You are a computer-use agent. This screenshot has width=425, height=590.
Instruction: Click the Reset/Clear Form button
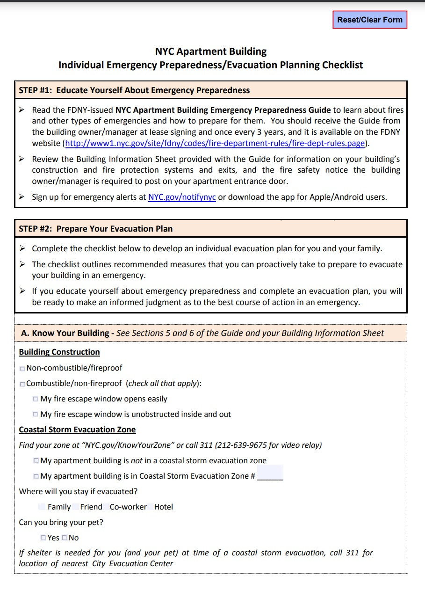(369, 20)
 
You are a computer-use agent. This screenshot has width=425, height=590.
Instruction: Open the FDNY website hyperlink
(215, 143)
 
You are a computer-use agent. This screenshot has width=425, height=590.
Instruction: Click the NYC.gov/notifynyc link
(182, 197)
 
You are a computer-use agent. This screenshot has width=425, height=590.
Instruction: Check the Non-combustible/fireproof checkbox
(22, 369)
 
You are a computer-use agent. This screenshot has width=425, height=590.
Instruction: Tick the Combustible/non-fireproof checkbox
(22, 384)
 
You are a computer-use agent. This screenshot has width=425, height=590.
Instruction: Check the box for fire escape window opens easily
(36, 399)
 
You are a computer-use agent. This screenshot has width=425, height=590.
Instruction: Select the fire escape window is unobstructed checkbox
(36, 415)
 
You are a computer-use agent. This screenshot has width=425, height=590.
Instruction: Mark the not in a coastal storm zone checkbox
(36, 461)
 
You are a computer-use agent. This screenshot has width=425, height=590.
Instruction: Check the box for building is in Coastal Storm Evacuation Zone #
(36, 476)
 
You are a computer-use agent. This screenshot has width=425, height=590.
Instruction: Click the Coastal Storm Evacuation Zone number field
(270, 473)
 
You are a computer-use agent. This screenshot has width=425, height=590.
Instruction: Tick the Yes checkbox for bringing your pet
(43, 538)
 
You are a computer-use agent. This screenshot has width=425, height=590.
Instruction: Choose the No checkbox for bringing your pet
(65, 538)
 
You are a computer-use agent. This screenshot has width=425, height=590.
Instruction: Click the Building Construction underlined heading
(59, 352)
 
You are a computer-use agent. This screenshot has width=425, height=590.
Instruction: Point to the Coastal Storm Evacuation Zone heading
(77, 430)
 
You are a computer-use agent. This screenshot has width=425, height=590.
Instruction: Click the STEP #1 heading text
(134, 90)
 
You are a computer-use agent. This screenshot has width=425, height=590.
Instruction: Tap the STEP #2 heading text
(95, 229)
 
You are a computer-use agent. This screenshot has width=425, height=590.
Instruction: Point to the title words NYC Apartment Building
(210, 51)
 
